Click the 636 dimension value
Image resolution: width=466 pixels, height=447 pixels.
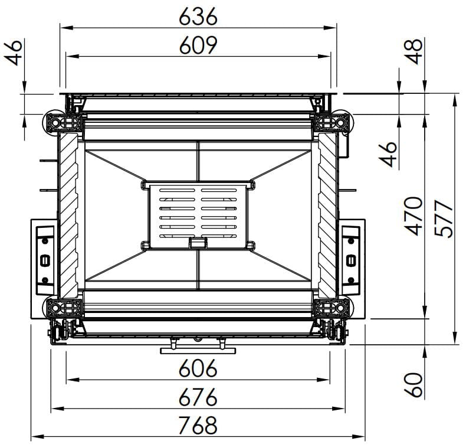coord(198,16)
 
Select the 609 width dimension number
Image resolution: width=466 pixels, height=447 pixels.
coord(198,45)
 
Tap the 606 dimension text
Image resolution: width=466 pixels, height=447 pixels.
coord(198,368)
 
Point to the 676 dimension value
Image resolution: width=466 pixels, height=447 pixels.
coord(198,397)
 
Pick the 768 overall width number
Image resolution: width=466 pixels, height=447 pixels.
coord(198,425)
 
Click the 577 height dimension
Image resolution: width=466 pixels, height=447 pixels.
coord(443,218)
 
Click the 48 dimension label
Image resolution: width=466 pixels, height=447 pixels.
coord(413,51)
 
